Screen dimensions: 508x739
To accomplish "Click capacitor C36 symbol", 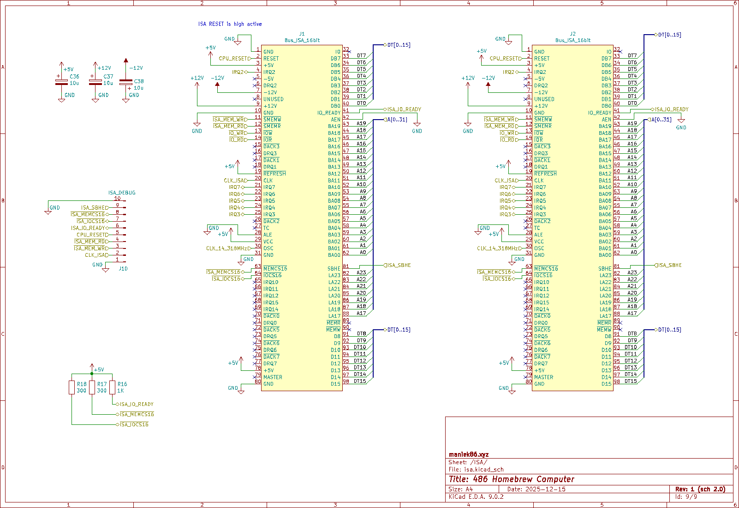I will [x=61, y=82].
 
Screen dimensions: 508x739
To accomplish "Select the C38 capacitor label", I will [x=138, y=81].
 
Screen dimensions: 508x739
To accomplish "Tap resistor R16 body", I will [x=112, y=387].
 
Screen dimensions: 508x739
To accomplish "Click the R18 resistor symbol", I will [x=72, y=387].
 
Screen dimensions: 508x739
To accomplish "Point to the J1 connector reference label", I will [x=302, y=34].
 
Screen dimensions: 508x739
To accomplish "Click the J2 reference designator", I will [x=572, y=34].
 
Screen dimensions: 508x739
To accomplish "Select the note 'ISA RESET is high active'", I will [x=230, y=24].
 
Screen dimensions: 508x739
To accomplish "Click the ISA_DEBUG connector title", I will [x=122, y=193].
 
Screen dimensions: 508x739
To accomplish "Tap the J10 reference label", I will [x=123, y=268].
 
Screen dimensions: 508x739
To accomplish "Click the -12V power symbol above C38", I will [x=126, y=61].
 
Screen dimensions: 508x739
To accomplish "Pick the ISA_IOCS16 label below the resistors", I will [x=134, y=424].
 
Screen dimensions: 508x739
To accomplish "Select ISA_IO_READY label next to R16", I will [x=137, y=404].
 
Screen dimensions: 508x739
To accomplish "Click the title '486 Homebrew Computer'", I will [x=512, y=479].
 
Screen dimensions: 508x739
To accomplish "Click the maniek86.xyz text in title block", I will [x=469, y=454].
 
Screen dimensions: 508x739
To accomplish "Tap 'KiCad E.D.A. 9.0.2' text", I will [x=476, y=497].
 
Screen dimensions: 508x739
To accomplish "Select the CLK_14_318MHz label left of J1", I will [x=228, y=248].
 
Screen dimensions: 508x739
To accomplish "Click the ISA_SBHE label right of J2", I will [x=669, y=265].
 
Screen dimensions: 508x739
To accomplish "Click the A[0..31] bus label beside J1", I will [x=397, y=120].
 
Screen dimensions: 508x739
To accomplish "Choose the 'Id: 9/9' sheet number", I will [x=686, y=497].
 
